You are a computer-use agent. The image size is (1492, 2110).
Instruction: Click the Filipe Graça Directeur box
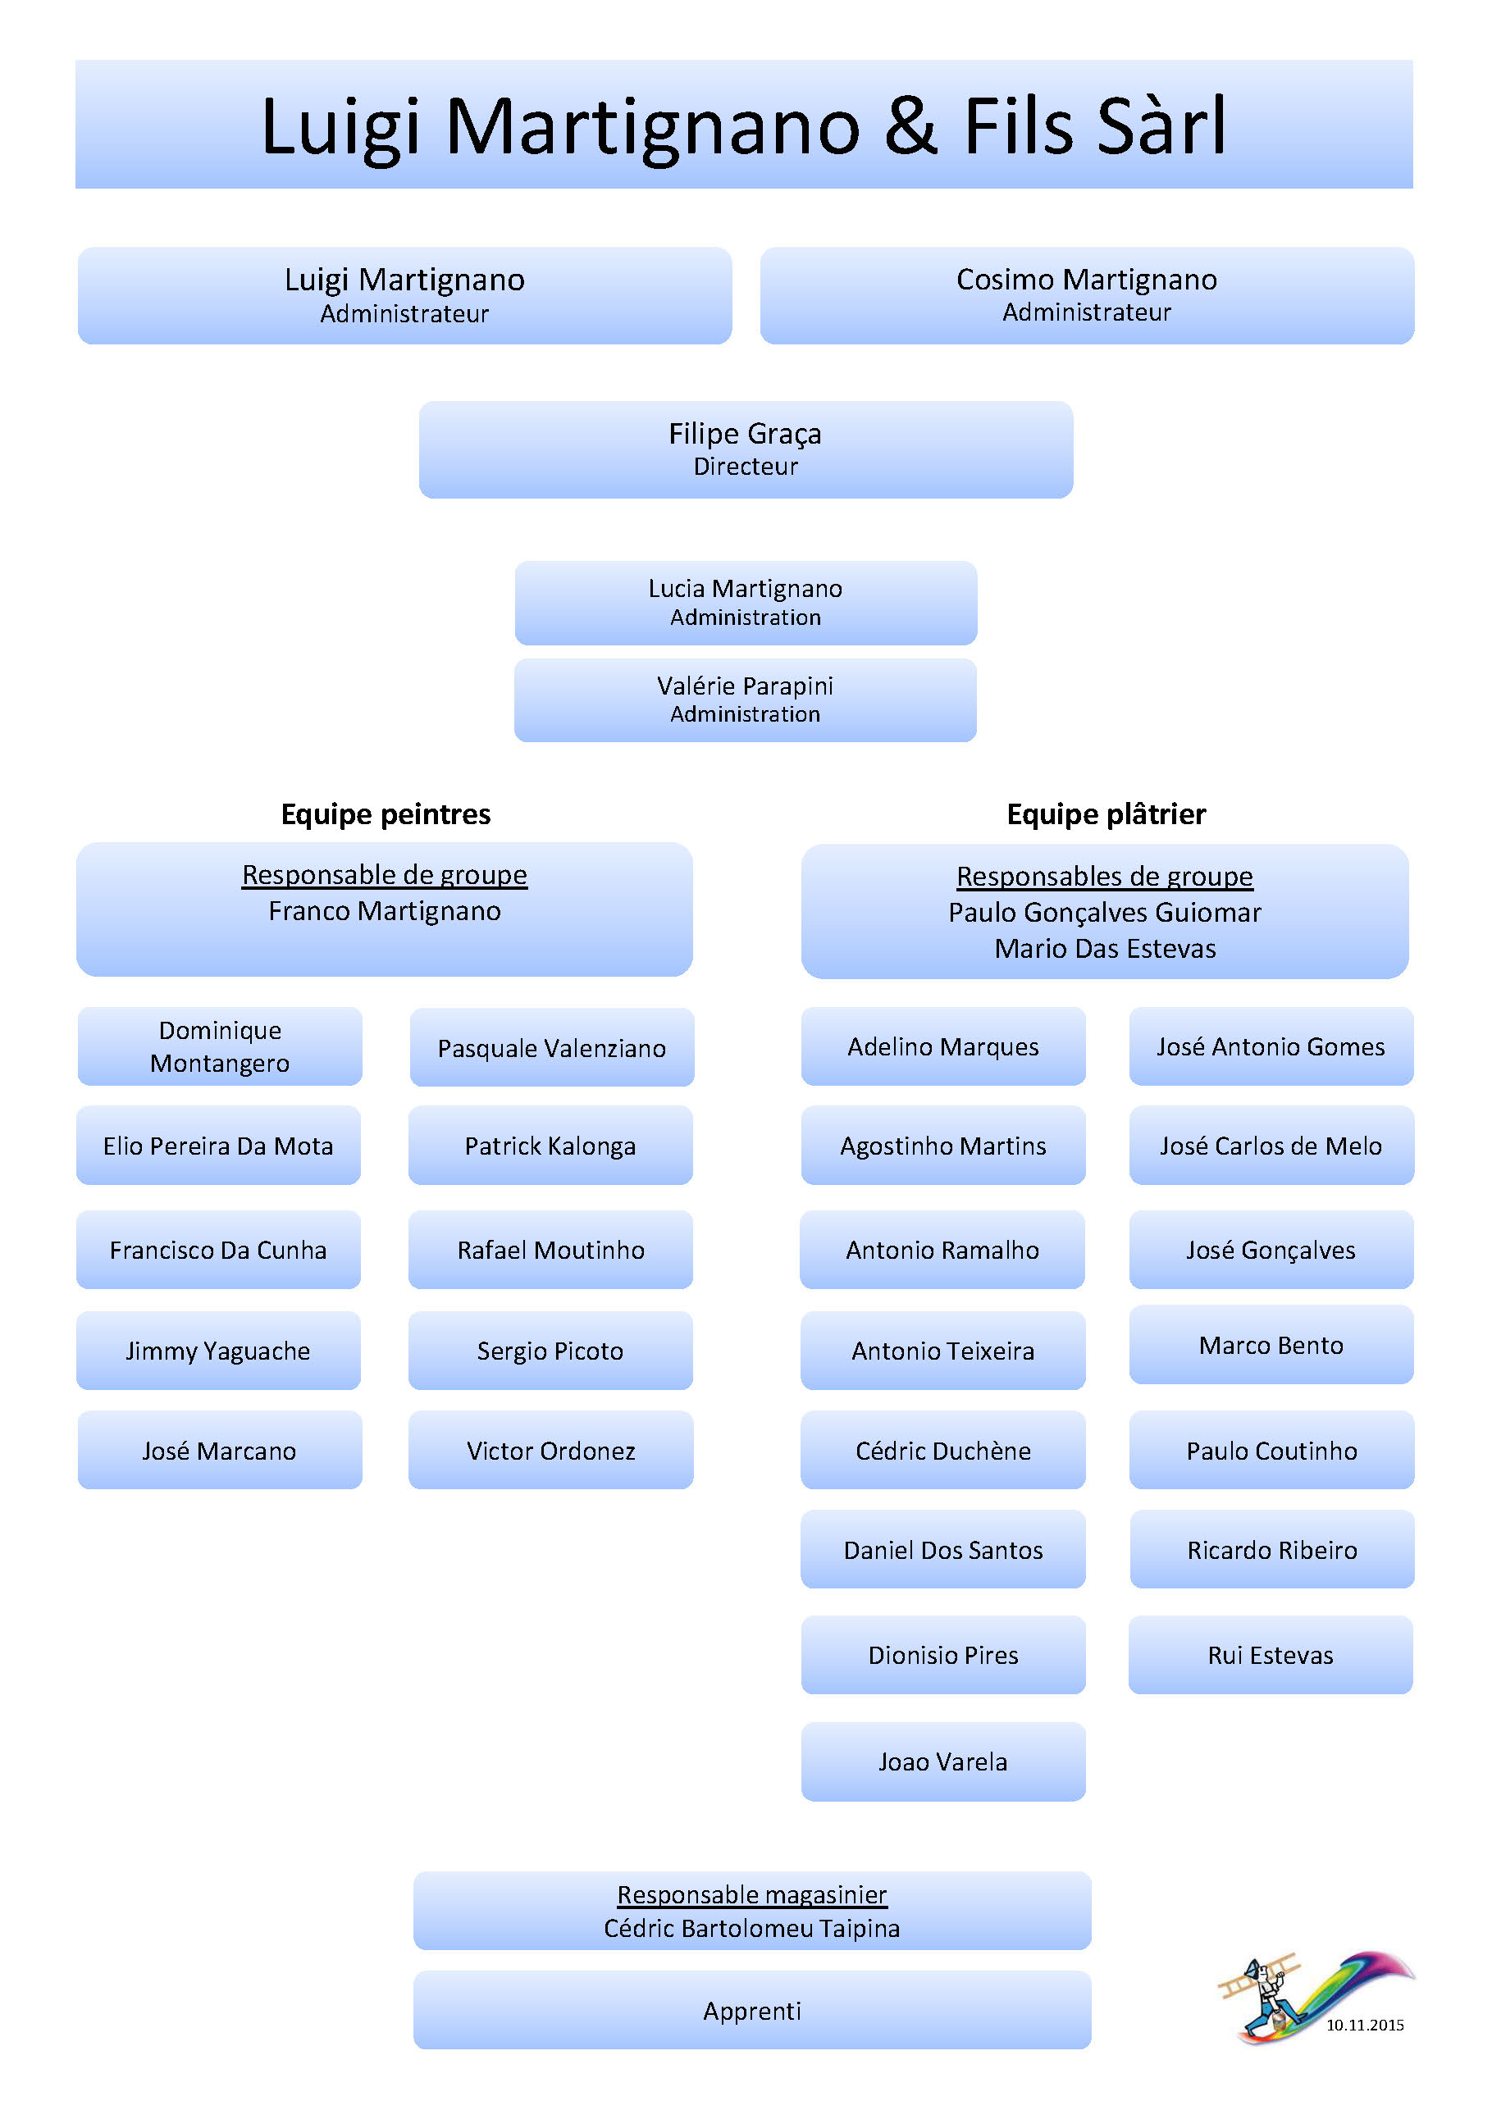[746, 449]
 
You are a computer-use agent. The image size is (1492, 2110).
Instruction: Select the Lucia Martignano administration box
[746, 602]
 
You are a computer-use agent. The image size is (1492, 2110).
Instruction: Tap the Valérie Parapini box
[746, 700]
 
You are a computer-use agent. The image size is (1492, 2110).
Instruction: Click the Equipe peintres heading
[386, 814]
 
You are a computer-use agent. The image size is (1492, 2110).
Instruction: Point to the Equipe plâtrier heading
[1106, 814]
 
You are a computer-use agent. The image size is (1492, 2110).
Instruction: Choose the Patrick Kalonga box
[550, 1145]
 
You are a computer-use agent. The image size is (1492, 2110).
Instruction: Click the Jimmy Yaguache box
[218, 1350]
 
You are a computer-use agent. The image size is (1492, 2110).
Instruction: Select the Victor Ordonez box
[550, 1450]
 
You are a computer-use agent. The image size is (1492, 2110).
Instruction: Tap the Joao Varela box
[942, 1761]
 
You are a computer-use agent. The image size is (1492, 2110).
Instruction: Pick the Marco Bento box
[1271, 1345]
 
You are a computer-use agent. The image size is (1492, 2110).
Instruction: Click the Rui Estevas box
[1271, 1655]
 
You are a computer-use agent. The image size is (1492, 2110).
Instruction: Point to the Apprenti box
[752, 2011]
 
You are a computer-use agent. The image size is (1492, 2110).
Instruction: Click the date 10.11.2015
[1364, 2025]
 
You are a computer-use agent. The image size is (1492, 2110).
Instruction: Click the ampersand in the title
[911, 126]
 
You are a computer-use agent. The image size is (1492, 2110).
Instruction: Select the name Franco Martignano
[384, 911]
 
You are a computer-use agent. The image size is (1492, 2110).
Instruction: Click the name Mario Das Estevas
[1105, 949]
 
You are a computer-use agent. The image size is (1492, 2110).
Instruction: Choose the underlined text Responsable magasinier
[752, 1894]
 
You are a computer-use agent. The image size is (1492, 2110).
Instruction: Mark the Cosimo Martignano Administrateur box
[1087, 295]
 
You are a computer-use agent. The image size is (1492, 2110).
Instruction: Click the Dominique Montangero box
[220, 1046]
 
